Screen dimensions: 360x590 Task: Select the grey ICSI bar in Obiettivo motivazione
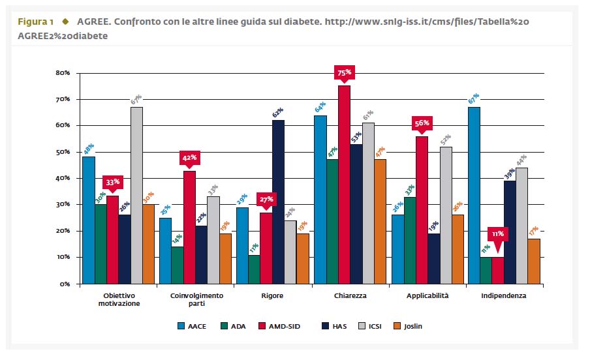[x=136, y=195]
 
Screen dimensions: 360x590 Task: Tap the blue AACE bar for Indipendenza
[x=474, y=195]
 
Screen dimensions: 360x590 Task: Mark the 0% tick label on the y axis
[x=65, y=284]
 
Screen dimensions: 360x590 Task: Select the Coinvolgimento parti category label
[x=196, y=299]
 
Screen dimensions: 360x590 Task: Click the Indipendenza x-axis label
[x=503, y=295]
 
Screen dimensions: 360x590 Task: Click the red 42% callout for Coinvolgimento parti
[x=190, y=158]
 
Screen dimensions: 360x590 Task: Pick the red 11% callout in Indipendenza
[x=497, y=233]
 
